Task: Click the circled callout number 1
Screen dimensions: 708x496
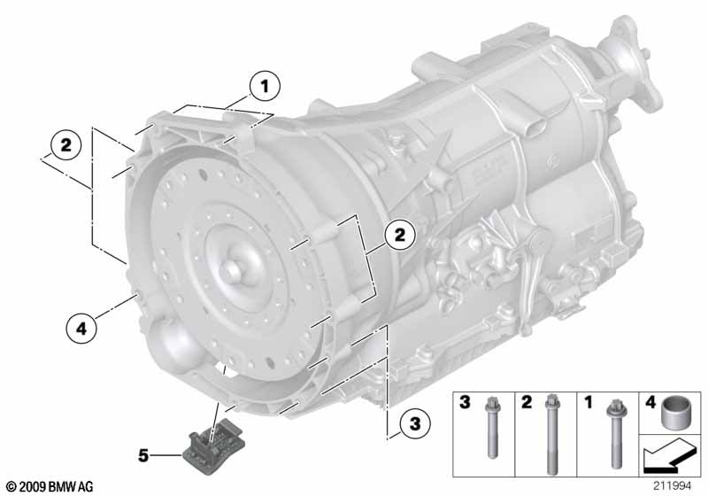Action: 265,86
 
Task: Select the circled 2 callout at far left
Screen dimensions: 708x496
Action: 65,145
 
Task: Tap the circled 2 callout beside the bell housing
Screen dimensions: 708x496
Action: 400,236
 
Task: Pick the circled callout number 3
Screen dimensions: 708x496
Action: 415,423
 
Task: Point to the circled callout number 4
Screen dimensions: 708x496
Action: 81,329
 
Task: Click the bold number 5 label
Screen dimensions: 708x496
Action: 143,455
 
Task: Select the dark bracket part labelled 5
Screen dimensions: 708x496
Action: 214,446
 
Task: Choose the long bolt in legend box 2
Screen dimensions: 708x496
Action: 550,435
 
